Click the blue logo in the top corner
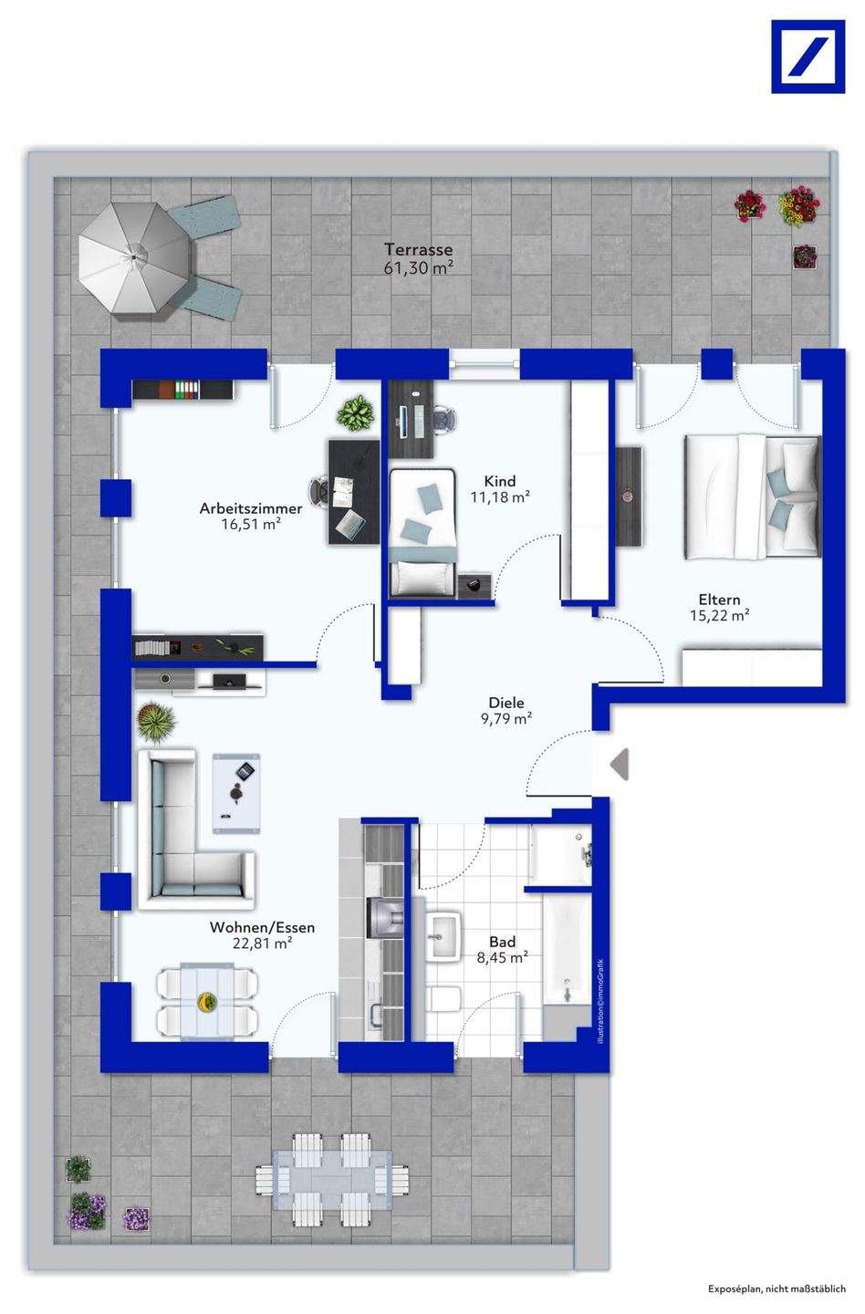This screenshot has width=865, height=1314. [x=808, y=57]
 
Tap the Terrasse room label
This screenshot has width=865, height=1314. [x=418, y=249]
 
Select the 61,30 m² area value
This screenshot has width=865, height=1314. [x=418, y=268]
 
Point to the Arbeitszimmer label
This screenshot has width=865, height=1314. [x=251, y=508]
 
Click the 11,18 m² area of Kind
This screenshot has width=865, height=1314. [x=500, y=497]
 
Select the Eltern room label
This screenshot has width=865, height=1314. [x=719, y=600]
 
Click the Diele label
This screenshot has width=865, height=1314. [x=506, y=703]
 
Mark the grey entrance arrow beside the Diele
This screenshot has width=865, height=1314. [x=620, y=765]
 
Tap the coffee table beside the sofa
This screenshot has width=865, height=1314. [x=235, y=793]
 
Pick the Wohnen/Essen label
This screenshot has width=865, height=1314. [x=262, y=927]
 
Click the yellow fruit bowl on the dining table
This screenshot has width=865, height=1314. [x=207, y=1001]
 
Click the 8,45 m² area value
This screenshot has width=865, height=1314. [x=502, y=958]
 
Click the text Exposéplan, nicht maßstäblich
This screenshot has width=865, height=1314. [x=776, y=1288]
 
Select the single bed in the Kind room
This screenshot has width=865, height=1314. [x=422, y=533]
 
